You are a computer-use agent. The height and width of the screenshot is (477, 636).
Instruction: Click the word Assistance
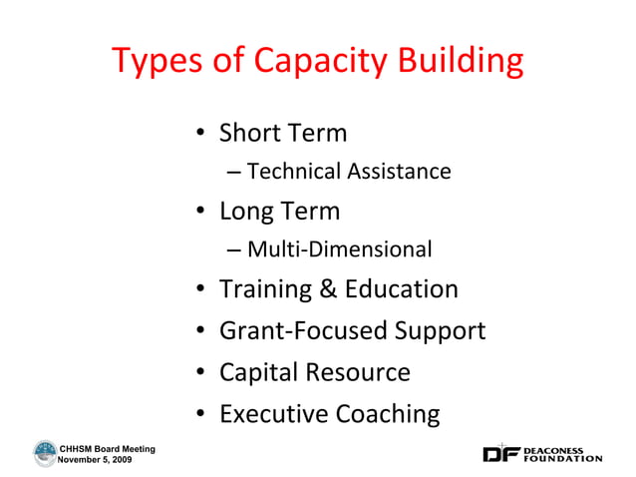pyautogui.click(x=398, y=172)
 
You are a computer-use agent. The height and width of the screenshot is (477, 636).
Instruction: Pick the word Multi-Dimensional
pyautogui.click(x=339, y=249)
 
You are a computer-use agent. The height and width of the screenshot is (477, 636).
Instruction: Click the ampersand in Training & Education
pyautogui.click(x=329, y=289)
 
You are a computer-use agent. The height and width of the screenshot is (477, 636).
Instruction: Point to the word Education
pyautogui.click(x=402, y=289)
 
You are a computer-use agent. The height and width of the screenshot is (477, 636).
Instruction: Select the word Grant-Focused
pyautogui.click(x=298, y=330)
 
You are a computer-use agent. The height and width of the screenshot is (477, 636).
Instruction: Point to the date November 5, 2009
pyautogui.click(x=96, y=459)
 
